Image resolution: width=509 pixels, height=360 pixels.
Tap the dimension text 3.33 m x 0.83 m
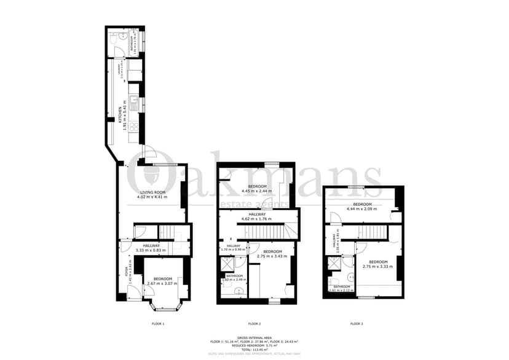pos(148,250)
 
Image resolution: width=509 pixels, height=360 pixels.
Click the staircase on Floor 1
pos(167,232)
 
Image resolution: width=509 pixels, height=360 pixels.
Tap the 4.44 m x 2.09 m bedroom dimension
pos(361,209)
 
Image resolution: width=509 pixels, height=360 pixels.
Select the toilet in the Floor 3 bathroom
pos(348,278)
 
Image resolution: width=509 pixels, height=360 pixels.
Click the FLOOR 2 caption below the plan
pos(254,324)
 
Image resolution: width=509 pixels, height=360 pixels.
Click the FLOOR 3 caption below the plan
pos(357,324)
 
